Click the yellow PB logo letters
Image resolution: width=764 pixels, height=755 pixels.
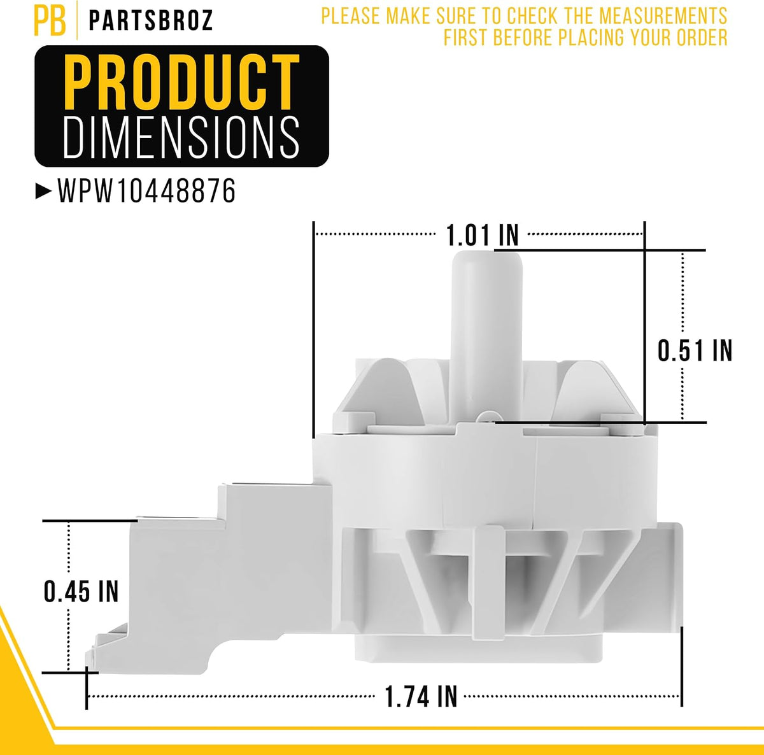(50, 20)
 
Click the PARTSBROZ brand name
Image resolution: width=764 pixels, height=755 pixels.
(151, 20)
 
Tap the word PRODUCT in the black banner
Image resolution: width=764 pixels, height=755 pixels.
(181, 82)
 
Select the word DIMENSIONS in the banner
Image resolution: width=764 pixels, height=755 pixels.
(181, 137)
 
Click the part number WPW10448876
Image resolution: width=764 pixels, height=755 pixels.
(146, 191)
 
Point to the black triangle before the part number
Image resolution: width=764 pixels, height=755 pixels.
(44, 191)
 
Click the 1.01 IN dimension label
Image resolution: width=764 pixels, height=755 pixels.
(483, 235)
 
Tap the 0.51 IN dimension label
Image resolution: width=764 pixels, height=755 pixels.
(695, 350)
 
